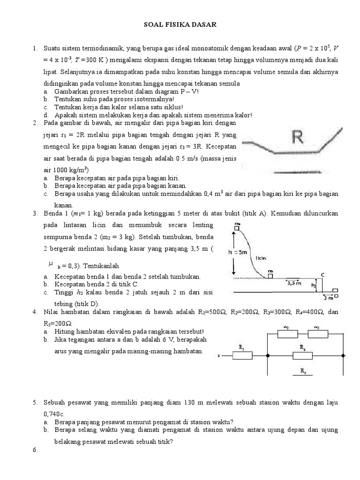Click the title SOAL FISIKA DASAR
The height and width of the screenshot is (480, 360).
pyautogui.click(x=180, y=26)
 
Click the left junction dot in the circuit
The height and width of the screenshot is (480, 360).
pyautogui.click(x=266, y=356)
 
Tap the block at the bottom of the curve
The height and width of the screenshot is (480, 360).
pyautogui.click(x=270, y=276)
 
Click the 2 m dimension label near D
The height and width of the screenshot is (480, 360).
pyautogui.click(x=328, y=297)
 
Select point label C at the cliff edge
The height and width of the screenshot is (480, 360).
pyautogui.click(x=323, y=274)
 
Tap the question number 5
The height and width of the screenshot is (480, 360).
pyautogui.click(x=35, y=403)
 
